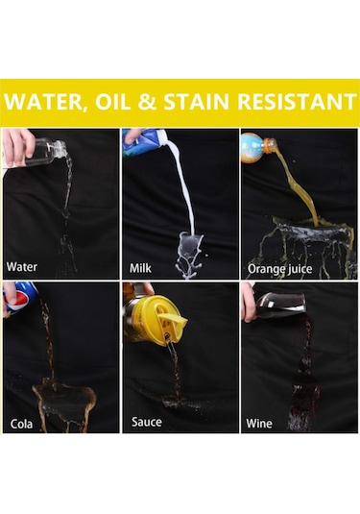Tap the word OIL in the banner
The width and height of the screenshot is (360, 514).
click(x=123, y=103)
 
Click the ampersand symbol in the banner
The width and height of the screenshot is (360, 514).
click(x=160, y=103)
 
